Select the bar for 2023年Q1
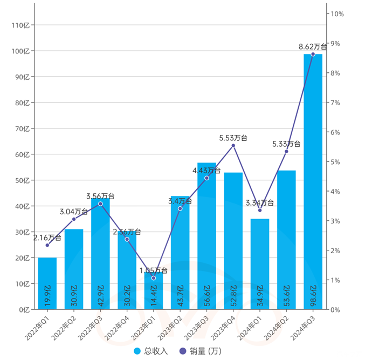tap(154, 291)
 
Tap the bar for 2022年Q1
tap(47, 283)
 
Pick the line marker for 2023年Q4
tap(233, 146)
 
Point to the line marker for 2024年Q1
tap(260, 210)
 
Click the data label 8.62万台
tap(313, 47)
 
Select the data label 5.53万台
tap(233, 138)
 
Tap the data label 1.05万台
tap(154, 270)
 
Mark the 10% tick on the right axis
tap(337, 14)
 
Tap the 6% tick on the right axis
tap(337, 132)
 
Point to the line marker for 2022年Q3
tap(100, 203)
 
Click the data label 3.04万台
tap(74, 212)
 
